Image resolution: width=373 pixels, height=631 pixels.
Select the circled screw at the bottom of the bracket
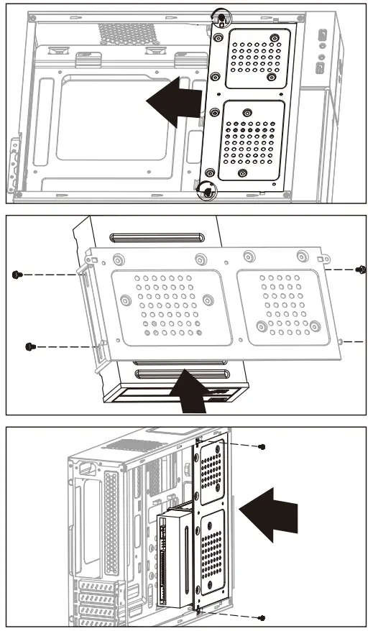coord(207,191)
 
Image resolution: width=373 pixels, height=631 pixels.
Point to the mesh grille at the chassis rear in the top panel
coord(128,32)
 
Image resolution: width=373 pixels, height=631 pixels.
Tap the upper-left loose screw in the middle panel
coord(17,274)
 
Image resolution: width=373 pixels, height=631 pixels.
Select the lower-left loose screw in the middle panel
coord(30,346)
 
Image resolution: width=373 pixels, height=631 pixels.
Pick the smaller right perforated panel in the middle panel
coord(287,303)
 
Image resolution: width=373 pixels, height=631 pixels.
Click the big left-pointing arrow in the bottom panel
coord(272,514)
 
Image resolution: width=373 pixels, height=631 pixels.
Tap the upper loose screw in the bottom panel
coord(262,446)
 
